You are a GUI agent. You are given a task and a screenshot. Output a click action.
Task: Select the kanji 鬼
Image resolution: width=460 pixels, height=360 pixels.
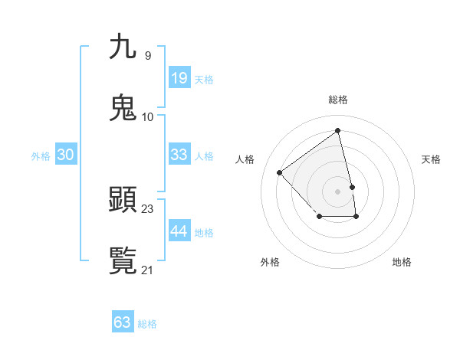pyautogui.click(x=123, y=107)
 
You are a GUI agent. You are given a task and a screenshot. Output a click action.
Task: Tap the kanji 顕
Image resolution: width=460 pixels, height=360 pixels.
pyautogui.click(x=123, y=200)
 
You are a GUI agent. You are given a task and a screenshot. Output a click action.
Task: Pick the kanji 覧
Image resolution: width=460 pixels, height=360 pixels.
pyautogui.click(x=123, y=260)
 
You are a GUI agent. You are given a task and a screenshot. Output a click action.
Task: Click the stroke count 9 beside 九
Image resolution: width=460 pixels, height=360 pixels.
pyautogui.click(x=147, y=55)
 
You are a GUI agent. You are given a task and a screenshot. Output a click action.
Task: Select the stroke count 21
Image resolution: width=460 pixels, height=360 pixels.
pyautogui.click(x=148, y=270)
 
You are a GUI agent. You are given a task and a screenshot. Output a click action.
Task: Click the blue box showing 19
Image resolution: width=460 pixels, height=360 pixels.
pyautogui.click(x=179, y=77)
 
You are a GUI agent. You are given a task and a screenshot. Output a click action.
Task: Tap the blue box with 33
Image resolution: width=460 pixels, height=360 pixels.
pyautogui.click(x=179, y=155)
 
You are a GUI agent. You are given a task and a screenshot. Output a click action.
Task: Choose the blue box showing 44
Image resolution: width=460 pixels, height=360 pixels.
pyautogui.click(x=179, y=231)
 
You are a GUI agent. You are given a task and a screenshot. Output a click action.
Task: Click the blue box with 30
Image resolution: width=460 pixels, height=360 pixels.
pyautogui.click(x=65, y=155)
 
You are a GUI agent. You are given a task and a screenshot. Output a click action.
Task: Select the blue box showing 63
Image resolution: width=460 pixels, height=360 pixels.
pyautogui.click(x=122, y=322)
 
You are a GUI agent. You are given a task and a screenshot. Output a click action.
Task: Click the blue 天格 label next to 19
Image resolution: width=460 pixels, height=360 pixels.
pyautogui.click(x=204, y=79)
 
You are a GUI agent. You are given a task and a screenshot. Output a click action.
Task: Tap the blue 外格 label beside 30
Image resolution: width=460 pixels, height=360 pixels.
pyautogui.click(x=41, y=156)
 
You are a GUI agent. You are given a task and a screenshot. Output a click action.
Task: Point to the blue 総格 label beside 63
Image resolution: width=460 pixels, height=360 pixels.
pyautogui.click(x=147, y=324)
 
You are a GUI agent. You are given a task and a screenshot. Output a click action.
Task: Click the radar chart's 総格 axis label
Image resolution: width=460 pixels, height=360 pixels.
pyautogui.click(x=338, y=100)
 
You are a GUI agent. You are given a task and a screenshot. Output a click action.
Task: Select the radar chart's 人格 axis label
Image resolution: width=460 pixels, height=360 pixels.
pyautogui.click(x=245, y=159)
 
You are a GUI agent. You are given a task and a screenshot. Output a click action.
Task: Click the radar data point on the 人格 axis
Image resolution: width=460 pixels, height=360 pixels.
pyautogui.click(x=280, y=172)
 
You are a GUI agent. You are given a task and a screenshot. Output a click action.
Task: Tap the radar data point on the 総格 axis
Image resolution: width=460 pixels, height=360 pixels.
pyautogui.click(x=338, y=130)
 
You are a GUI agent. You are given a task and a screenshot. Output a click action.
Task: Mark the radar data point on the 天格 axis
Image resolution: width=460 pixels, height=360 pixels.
pyautogui.click(x=353, y=187)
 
